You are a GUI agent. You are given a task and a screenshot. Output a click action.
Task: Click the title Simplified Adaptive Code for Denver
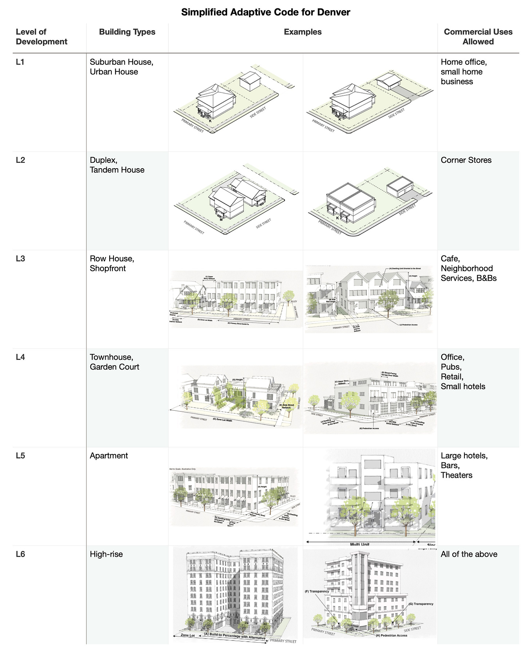pyautogui.click(x=265, y=12)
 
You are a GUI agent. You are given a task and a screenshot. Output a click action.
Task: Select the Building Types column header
pyautogui.click(x=127, y=32)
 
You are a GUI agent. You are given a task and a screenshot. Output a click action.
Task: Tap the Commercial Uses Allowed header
pyautogui.click(x=478, y=37)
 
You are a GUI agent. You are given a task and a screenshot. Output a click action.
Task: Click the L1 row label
pyautogui.click(x=20, y=62)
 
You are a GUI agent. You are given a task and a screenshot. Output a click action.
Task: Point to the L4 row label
pyautogui.click(x=20, y=357)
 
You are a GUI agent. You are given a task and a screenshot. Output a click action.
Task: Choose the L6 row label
pyautogui.click(x=20, y=554)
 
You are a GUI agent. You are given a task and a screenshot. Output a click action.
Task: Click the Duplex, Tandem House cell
pyautogui.click(x=117, y=165)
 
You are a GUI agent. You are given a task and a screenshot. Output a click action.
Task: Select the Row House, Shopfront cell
pyautogui.click(x=112, y=264)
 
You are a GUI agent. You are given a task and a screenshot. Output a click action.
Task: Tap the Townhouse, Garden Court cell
pyautogui.click(x=114, y=362)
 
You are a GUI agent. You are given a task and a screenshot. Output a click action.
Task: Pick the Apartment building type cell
pyautogui.click(x=109, y=456)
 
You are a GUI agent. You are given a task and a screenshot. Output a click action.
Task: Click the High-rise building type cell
pyautogui.click(x=106, y=554)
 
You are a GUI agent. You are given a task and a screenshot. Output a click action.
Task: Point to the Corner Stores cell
pyautogui.click(x=466, y=160)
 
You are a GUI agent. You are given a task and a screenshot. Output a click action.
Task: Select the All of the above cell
pyautogui.click(x=469, y=554)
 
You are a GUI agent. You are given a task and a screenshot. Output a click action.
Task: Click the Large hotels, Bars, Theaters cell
pyautogui.click(x=464, y=465)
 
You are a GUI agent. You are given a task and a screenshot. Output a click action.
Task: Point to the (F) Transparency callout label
pyautogui.click(x=317, y=592)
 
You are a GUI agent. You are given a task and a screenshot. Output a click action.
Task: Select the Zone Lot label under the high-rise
pyautogui.click(x=188, y=635)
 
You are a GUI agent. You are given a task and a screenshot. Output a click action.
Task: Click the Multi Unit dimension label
pyautogui.click(x=360, y=544)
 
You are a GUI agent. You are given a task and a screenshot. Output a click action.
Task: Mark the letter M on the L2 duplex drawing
pyautogui.click(x=221, y=220)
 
